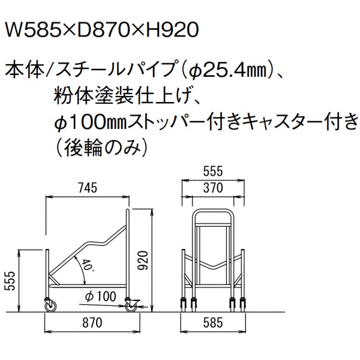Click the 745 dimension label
[x=88, y=188]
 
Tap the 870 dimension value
[x=92, y=323]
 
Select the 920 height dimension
[x=143, y=260]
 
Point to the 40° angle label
[x=88, y=266]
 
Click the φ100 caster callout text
[x=101, y=296]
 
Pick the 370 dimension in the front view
[x=213, y=188]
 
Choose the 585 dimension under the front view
[x=213, y=323]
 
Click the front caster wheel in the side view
[x=50, y=305]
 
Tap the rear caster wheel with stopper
[x=131, y=305]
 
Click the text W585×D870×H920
[x=102, y=31]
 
